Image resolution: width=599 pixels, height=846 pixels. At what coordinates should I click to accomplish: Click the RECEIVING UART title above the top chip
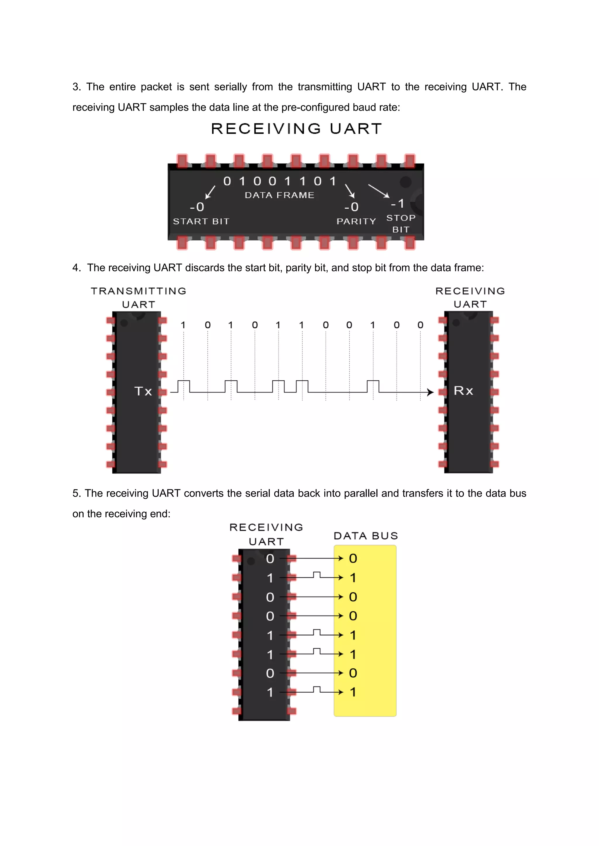tap(296, 129)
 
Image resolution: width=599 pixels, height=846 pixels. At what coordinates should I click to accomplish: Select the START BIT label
tap(201, 221)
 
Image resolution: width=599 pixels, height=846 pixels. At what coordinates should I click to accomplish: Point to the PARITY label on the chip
tap(356, 221)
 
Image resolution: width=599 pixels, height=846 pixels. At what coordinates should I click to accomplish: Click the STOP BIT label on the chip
tap(401, 223)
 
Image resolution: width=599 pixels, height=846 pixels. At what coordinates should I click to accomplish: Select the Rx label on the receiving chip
tap(463, 391)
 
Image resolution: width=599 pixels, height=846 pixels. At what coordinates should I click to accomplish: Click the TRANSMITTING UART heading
tap(139, 297)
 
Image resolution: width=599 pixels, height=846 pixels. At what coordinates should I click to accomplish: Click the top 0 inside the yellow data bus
tap(353, 558)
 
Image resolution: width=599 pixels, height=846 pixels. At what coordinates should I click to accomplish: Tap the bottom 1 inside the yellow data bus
tap(353, 692)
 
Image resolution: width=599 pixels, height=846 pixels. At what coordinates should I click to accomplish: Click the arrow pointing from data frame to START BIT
tap(210, 192)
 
